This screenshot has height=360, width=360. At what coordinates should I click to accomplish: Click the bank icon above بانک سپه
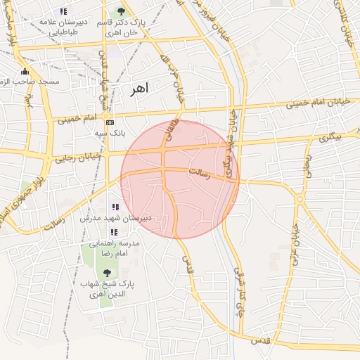109,122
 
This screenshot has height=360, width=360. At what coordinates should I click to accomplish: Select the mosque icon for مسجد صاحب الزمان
25,71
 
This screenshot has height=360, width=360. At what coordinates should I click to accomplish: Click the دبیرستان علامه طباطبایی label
64,27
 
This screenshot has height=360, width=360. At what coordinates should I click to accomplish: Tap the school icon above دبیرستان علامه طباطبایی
64,11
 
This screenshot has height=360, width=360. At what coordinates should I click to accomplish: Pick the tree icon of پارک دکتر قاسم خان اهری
121,11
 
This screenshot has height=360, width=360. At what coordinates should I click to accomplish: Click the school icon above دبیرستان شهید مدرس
115,207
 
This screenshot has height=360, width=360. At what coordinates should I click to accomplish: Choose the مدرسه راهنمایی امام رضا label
114,247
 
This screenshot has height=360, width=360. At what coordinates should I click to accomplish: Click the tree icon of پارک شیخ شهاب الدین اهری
107,272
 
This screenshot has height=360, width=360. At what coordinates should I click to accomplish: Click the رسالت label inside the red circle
200,172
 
